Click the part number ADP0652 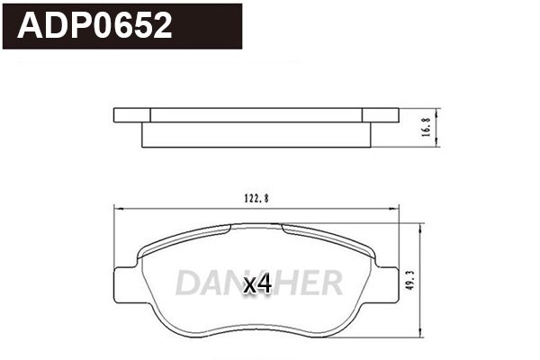point(95,26)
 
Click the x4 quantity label point(257,284)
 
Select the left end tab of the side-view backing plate point(131,114)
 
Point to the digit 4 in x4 point(264,284)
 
